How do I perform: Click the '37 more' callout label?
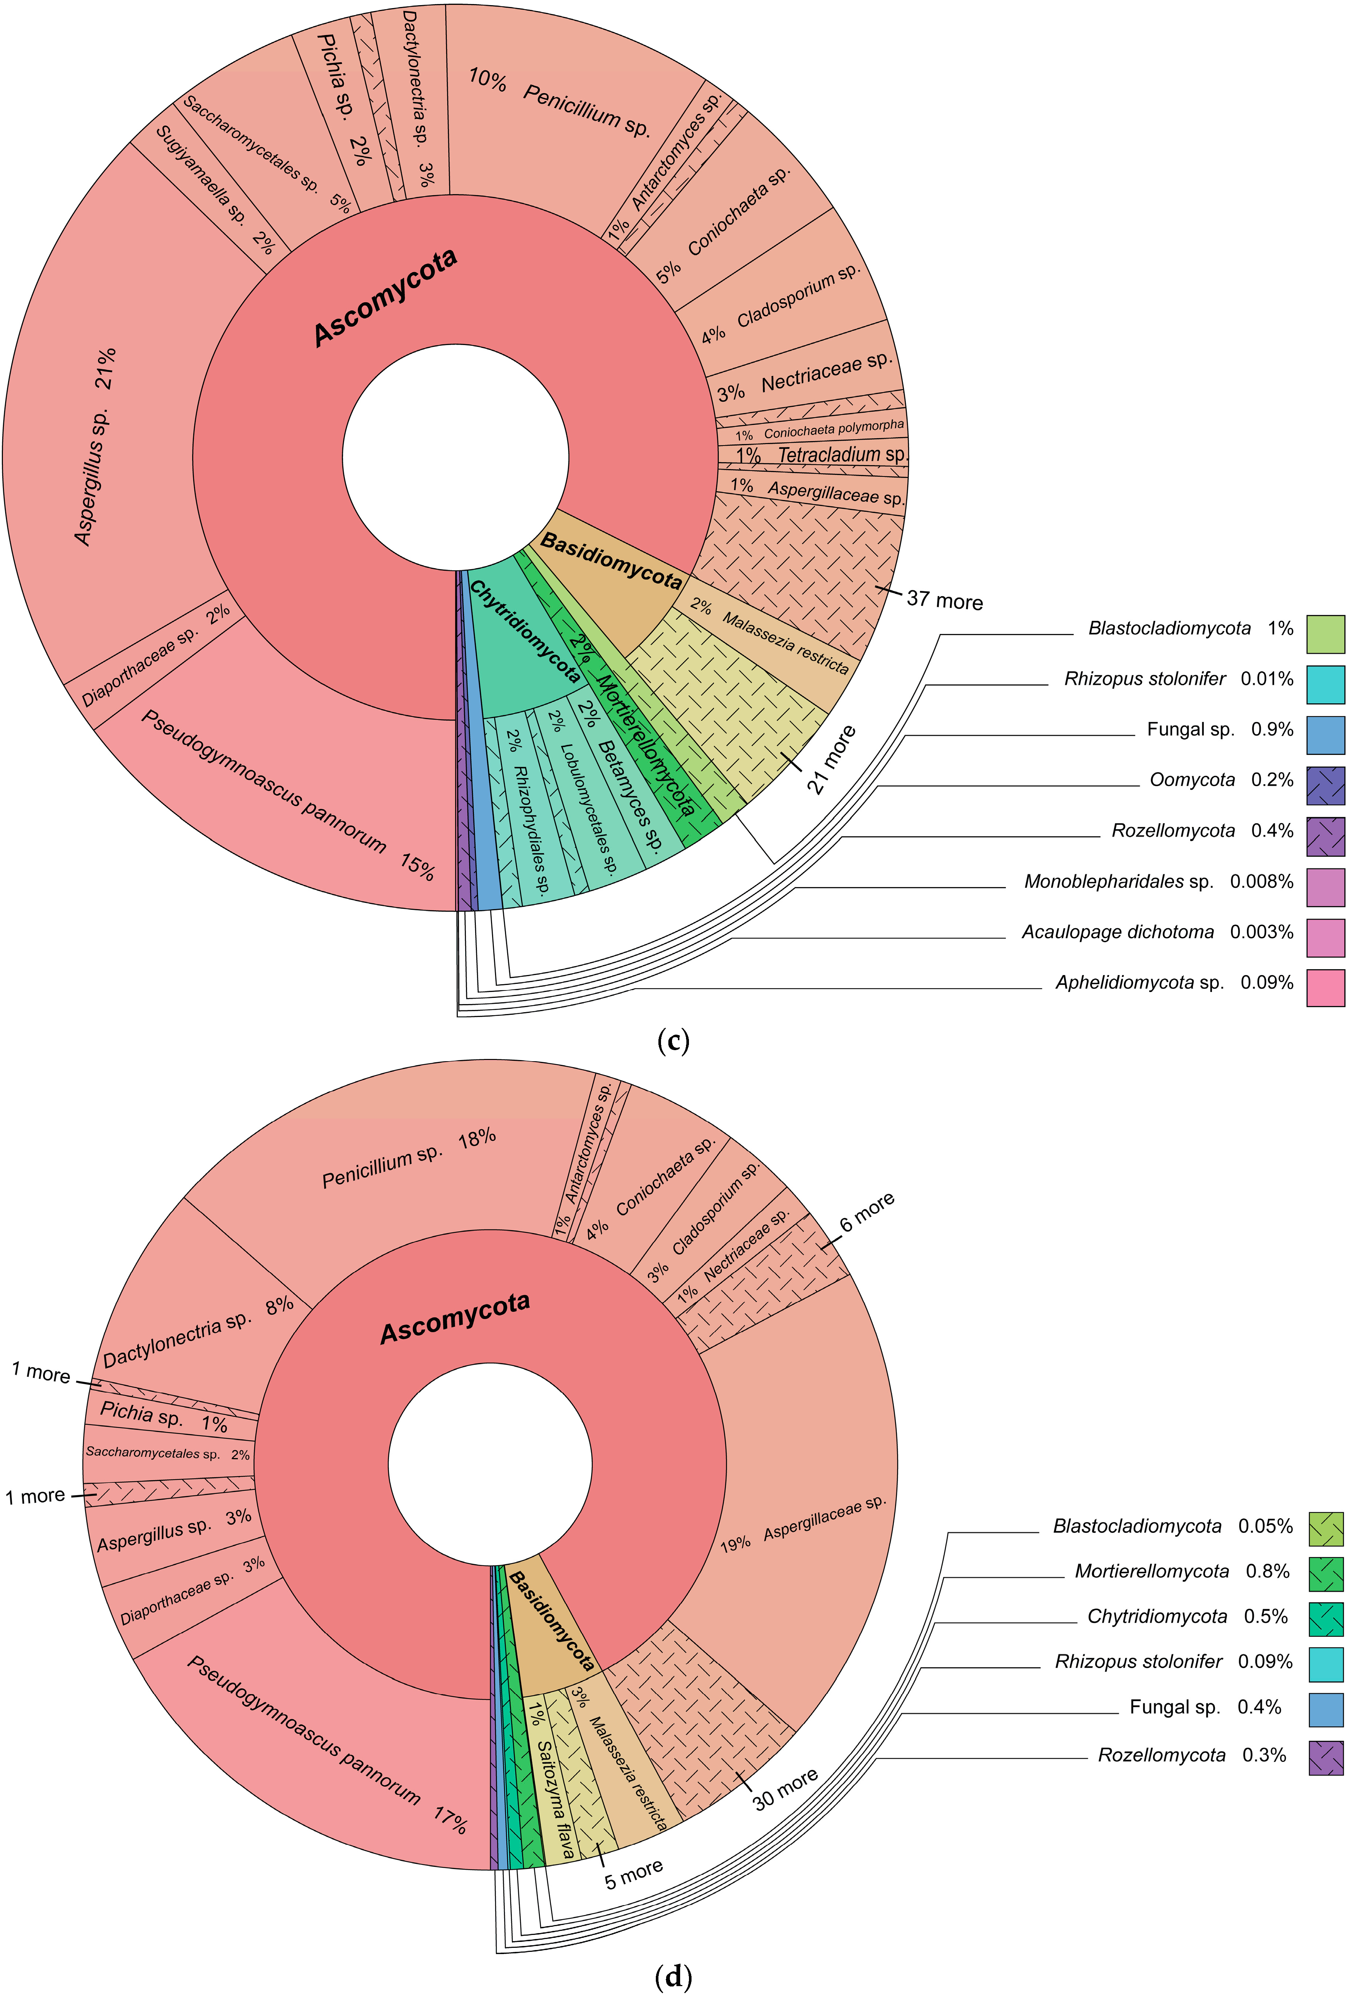944,601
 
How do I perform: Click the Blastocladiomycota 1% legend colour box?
1325,634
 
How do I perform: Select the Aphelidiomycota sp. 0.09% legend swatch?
1325,988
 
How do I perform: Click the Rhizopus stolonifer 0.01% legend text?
1178,679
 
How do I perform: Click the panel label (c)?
672,1042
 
